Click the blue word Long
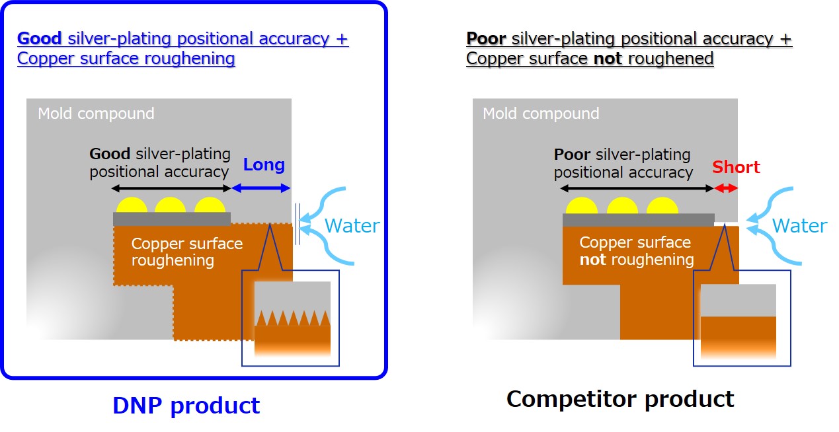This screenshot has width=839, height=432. click(264, 164)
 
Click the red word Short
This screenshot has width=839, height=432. click(736, 167)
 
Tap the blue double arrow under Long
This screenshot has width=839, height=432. click(261, 188)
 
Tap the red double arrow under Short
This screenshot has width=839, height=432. click(726, 188)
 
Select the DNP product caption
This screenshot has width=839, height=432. click(186, 405)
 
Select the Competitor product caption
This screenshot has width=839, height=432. click(619, 398)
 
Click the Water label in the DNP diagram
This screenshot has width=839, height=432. click(352, 226)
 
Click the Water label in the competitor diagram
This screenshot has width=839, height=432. click(799, 226)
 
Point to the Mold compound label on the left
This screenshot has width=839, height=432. click(96, 114)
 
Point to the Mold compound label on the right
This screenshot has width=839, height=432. click(541, 114)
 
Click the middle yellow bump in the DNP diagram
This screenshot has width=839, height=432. click(171, 205)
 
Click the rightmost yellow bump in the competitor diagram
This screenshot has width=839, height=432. click(662, 206)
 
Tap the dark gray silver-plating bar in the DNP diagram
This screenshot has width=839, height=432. click(172, 219)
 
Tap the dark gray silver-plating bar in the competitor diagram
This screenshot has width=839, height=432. click(638, 220)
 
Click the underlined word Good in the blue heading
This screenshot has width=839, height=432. click(40, 38)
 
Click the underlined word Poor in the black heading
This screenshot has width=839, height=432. click(486, 39)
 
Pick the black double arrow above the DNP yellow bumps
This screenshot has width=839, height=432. click(173, 188)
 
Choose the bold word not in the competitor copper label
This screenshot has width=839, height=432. click(592, 260)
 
